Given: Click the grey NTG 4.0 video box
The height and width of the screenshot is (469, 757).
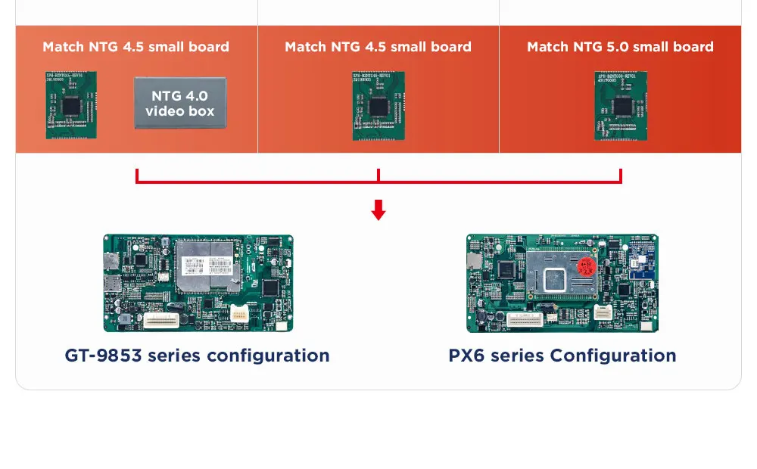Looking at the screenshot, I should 179,103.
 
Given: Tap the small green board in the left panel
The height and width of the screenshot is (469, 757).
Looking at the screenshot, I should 70,105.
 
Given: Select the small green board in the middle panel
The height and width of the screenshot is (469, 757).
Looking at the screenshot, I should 378,106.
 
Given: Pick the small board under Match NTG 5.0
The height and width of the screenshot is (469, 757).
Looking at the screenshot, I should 620,106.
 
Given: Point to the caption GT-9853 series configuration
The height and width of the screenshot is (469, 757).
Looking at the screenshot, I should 197,356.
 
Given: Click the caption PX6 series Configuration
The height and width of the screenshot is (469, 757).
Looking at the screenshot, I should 562,356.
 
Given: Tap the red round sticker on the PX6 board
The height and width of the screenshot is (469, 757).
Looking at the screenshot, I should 585,269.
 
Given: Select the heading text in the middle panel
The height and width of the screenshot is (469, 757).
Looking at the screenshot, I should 378,47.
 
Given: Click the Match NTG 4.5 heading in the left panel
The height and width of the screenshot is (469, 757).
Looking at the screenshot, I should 136,47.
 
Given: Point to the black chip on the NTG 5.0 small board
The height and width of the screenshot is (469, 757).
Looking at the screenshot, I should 622,105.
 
